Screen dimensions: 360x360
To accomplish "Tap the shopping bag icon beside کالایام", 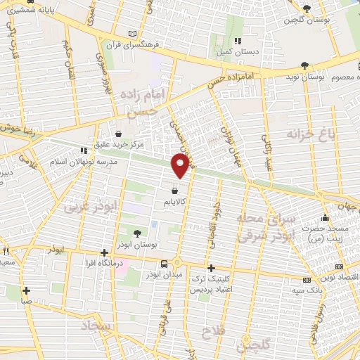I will [x=174, y=190].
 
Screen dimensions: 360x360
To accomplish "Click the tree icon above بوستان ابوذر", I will [x=137, y=233].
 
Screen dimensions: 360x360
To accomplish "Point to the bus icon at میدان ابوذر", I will [x=164, y=263].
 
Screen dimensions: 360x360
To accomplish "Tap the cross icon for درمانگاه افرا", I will [x=104, y=252].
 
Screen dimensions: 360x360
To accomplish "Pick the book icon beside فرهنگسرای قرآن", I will [x=134, y=34].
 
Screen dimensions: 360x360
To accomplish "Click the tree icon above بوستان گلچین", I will [x=306, y=8].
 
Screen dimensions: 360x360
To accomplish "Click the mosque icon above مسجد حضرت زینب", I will [x=324, y=217].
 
